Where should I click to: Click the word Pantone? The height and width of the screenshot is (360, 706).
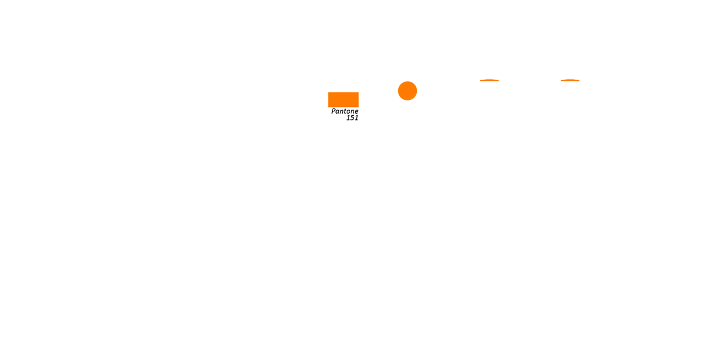(345, 111)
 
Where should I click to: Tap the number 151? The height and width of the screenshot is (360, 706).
(352, 118)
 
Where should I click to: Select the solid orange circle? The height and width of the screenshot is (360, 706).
(407, 90)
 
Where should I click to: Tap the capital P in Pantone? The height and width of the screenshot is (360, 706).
(333, 111)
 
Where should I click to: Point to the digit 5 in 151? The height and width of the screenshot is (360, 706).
(352, 118)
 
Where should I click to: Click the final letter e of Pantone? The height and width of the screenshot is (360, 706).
(356, 112)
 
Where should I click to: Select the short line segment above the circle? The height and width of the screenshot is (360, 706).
(407, 80)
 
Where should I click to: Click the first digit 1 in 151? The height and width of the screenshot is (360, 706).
(348, 118)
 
